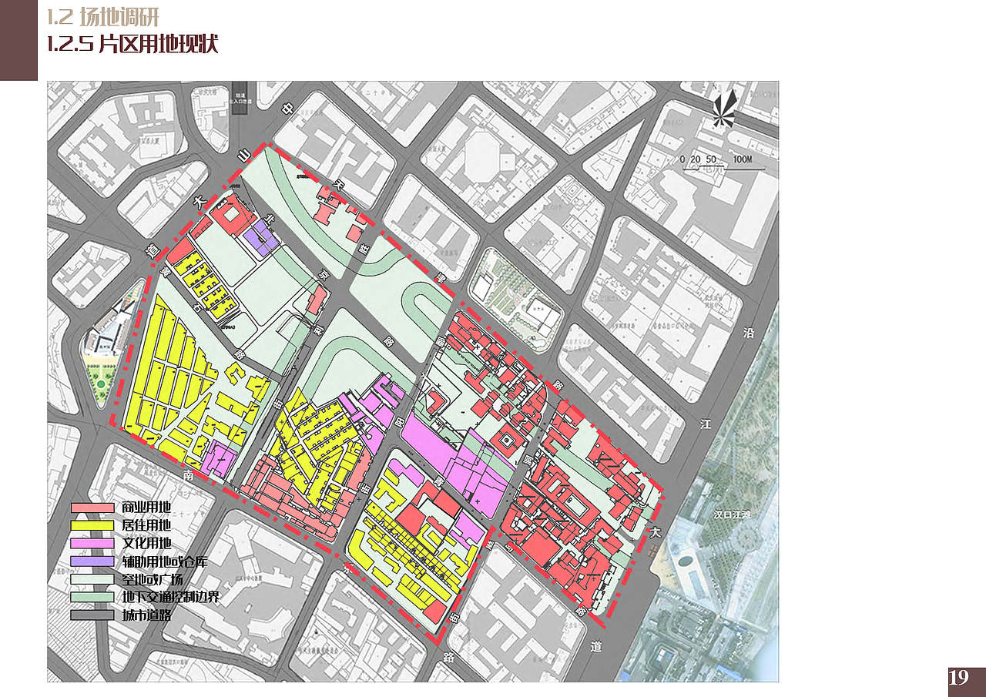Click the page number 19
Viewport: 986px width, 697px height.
[959, 679]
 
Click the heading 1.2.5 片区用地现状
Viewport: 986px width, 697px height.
[132, 45]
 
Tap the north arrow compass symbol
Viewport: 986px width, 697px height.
[723, 109]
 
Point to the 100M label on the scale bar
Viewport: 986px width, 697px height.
[743, 159]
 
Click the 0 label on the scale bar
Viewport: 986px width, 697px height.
[683, 159]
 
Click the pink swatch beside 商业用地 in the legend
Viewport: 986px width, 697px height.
[91, 508]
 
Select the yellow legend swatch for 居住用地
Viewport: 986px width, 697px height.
[91, 526]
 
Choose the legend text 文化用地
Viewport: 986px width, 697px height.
[146, 544]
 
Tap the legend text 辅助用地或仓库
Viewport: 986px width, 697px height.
[164, 561]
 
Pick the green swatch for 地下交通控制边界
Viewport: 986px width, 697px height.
[91, 598]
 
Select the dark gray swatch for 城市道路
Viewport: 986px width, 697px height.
[91, 615]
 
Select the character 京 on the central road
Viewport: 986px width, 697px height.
[324, 274]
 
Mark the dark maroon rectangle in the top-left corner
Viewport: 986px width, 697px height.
[18, 40]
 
